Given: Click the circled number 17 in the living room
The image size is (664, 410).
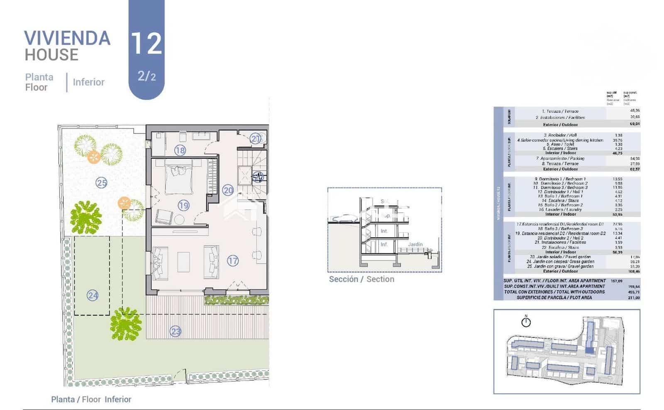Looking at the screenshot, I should pyautogui.click(x=233, y=261).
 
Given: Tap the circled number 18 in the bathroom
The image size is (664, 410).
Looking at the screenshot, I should pyautogui.click(x=180, y=150).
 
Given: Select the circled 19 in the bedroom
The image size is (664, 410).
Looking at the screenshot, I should pyautogui.click(x=183, y=205).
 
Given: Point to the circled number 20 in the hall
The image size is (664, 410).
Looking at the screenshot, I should pyautogui.click(x=228, y=190).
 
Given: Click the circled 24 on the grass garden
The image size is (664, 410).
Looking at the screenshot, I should pyautogui.click(x=93, y=296).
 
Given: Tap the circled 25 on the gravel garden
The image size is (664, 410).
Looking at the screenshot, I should pyautogui.click(x=101, y=182).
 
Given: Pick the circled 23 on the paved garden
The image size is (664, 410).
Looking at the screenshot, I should pyautogui.click(x=176, y=331).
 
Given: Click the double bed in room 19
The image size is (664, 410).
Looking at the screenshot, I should pyautogui.click(x=179, y=179).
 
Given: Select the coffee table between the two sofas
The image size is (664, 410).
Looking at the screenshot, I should pyautogui.click(x=183, y=262).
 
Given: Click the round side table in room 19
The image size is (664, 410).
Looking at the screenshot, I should pyautogui.click(x=179, y=219).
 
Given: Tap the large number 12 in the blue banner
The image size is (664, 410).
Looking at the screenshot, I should pyautogui.click(x=146, y=44).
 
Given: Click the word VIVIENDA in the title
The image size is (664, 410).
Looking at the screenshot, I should pyautogui.click(x=67, y=38).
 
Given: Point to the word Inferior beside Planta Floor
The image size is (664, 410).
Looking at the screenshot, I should pyautogui.click(x=88, y=82).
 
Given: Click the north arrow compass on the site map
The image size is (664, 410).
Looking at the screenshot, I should pyautogui.click(x=526, y=322).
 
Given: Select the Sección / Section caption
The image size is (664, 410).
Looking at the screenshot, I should pyautogui.click(x=361, y=279).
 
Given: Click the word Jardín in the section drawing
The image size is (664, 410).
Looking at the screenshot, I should pyautogui.click(x=415, y=244).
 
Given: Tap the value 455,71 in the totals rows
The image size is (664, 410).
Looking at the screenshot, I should pyautogui.click(x=634, y=292).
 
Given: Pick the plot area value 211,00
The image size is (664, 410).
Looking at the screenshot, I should pyautogui.click(x=634, y=298).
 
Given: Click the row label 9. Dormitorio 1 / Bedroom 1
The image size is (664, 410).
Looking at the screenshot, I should pyautogui.click(x=560, y=179).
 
